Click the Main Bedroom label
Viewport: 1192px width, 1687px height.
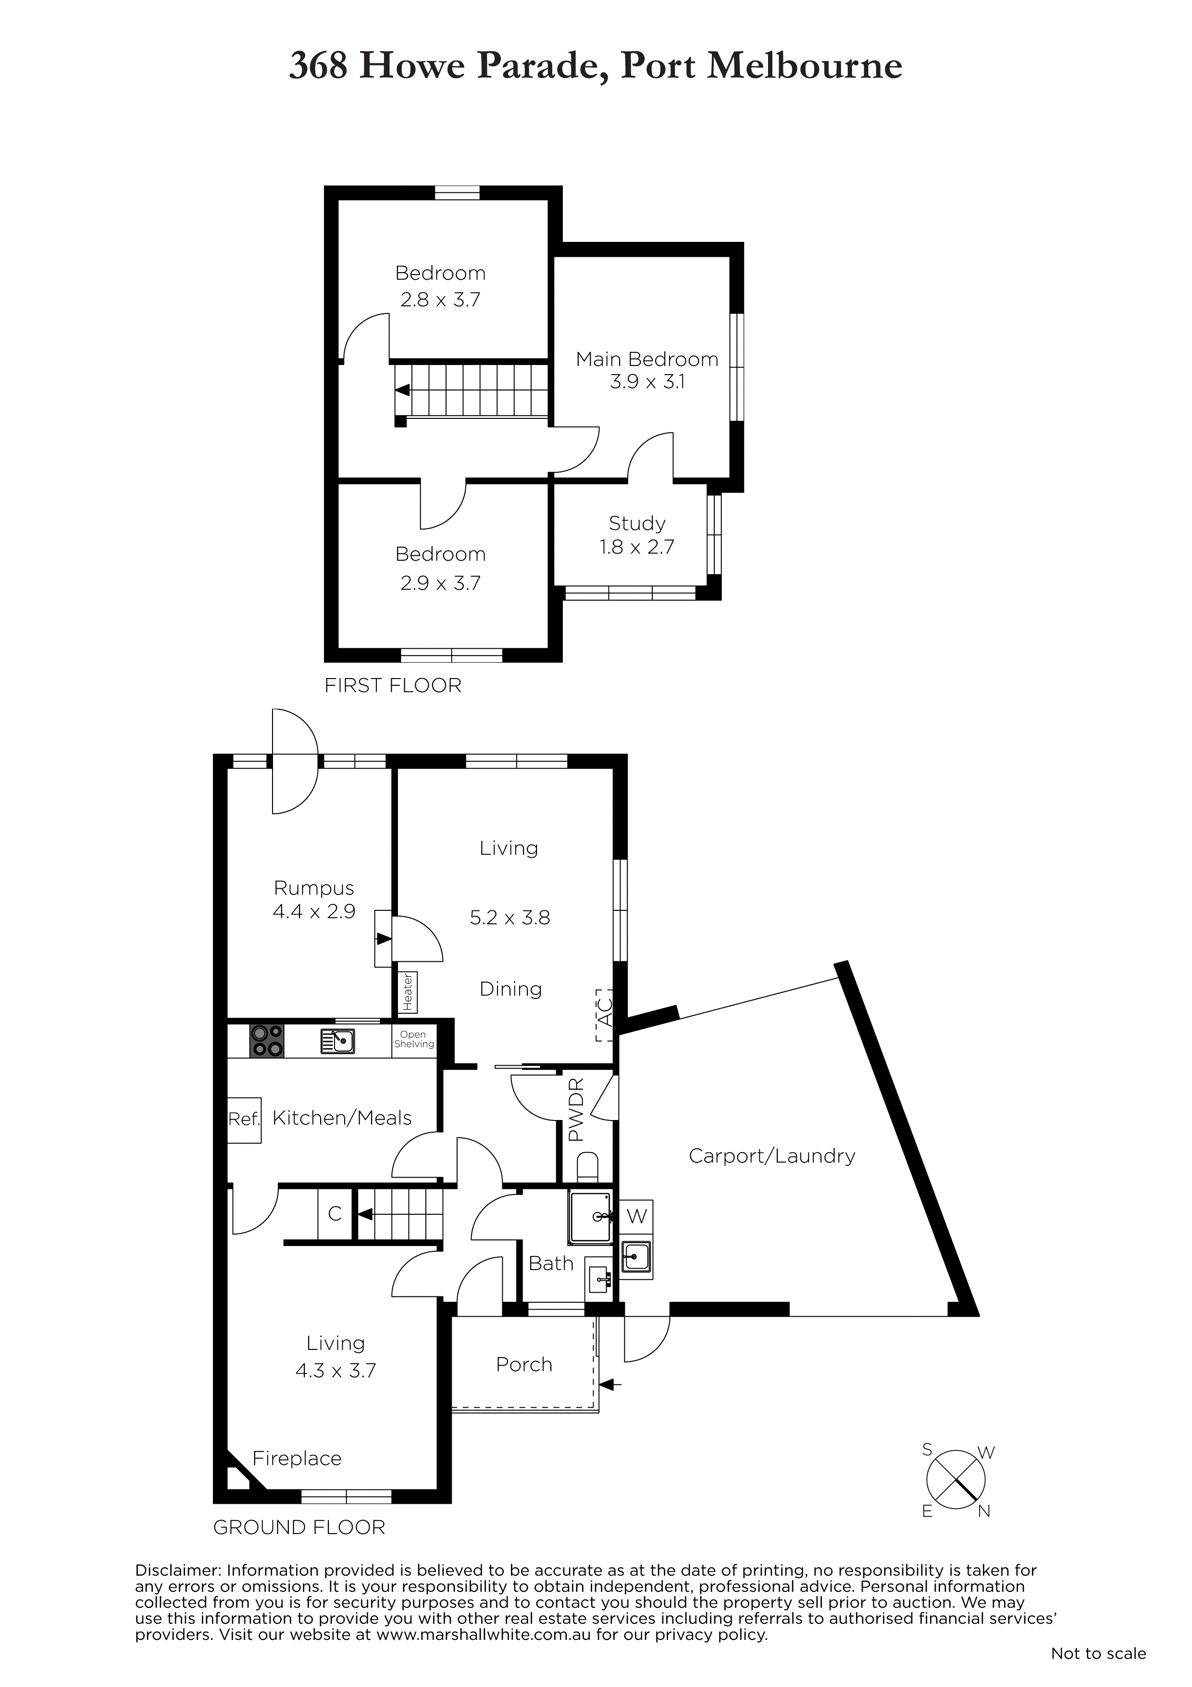647,359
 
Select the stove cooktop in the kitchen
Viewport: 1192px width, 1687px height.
267,1041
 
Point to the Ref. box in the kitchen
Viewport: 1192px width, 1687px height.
244,1120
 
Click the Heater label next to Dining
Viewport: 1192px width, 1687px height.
407,992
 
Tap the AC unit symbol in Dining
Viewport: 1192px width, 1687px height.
604,1015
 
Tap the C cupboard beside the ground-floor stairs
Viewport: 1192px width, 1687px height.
335,1214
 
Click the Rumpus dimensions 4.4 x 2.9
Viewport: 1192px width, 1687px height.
314,911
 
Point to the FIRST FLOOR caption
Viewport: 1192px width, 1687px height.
393,686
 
